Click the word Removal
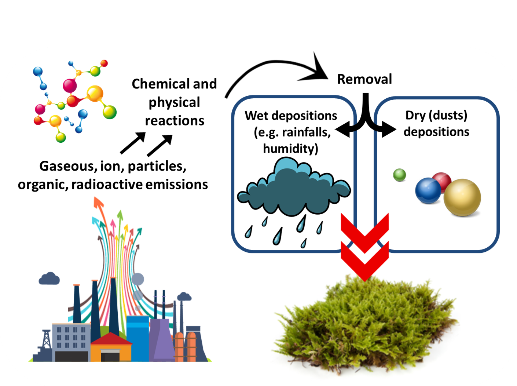point(364,79)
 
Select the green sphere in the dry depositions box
point(399,175)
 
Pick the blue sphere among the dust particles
point(428,190)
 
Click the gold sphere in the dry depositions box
point(462,197)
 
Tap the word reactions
point(175,121)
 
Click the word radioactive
point(107,185)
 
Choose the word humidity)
point(290,149)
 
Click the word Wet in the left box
point(257,116)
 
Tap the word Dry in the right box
point(415,115)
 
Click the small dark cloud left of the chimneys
point(49,279)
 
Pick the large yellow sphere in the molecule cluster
point(95,94)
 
